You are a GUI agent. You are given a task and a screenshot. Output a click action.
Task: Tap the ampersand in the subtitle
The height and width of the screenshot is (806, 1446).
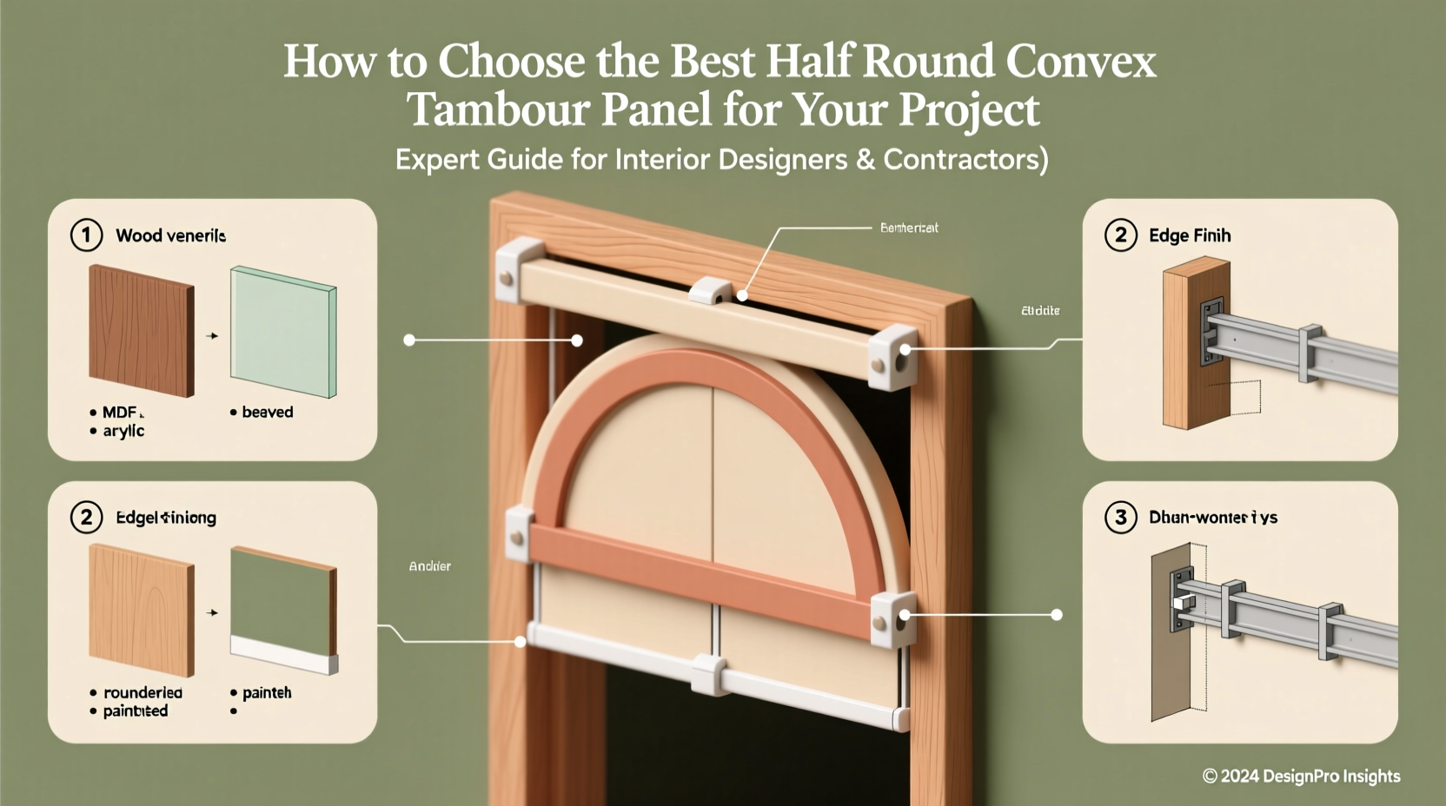(864, 160)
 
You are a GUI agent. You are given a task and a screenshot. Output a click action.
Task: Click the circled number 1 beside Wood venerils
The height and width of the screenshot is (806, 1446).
(86, 235)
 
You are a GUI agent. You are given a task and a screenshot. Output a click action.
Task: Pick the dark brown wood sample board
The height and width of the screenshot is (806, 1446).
(141, 330)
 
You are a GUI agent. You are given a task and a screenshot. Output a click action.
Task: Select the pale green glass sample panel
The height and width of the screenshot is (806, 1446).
(283, 333)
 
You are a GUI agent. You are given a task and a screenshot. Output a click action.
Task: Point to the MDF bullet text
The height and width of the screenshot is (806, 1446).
(120, 413)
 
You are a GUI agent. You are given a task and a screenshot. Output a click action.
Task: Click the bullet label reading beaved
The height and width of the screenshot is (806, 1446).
(267, 413)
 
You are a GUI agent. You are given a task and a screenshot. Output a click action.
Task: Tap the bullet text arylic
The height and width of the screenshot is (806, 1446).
(123, 431)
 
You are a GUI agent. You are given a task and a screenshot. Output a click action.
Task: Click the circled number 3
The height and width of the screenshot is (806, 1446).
(1120, 518)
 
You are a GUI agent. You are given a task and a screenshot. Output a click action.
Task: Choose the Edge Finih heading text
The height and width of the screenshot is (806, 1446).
(1189, 235)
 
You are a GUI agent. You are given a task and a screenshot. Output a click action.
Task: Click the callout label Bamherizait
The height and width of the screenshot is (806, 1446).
(909, 228)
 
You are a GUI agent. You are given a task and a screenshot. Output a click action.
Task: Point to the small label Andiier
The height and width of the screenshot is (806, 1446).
(429, 566)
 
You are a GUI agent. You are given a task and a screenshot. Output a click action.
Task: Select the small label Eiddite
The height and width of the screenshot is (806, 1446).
(1040, 310)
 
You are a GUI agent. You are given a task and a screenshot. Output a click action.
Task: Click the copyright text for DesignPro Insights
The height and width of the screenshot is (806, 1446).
(1301, 776)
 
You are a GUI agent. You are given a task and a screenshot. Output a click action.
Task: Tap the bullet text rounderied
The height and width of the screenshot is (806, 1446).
(143, 693)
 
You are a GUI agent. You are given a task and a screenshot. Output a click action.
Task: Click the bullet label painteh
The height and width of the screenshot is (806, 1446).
(267, 693)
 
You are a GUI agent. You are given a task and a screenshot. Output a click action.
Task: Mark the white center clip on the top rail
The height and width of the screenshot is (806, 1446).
(711, 291)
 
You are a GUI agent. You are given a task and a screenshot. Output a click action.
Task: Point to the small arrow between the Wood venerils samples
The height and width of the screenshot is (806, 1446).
(212, 335)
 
